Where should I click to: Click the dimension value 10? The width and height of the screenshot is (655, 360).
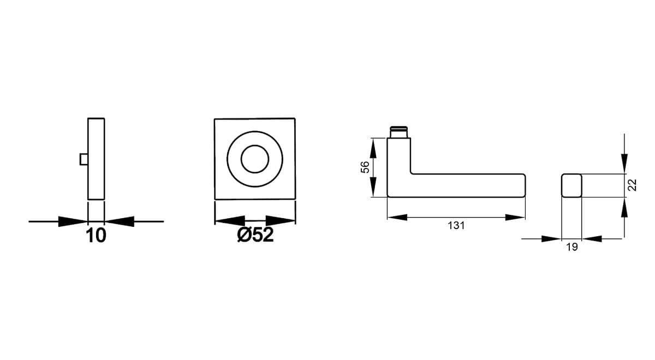[96, 236]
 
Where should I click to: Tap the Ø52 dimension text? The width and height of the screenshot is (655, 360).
[255, 235]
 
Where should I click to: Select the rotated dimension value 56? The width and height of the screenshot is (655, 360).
[365, 167]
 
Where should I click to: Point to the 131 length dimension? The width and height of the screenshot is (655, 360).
[456, 226]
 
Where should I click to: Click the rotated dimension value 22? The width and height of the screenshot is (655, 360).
[632, 185]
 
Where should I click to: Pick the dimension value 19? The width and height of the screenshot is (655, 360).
[572, 247]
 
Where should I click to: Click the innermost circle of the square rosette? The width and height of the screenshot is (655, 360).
[255, 159]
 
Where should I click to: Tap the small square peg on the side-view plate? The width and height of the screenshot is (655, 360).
[84, 159]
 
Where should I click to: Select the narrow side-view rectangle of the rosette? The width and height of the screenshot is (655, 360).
[96, 159]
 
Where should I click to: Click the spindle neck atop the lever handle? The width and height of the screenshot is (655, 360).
[399, 132]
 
